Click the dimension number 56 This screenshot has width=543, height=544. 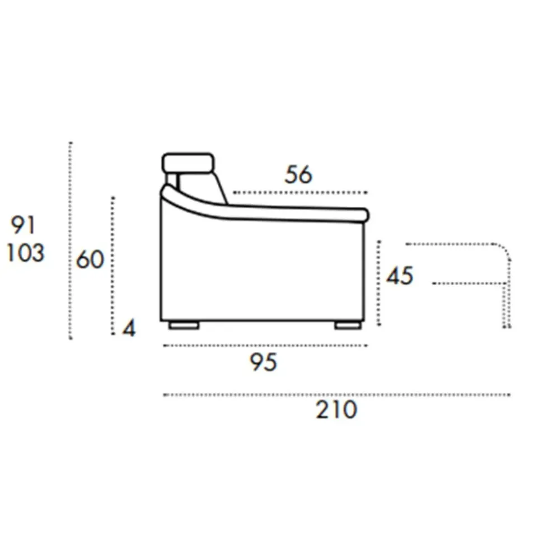(x=298, y=174)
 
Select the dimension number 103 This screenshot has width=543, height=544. (x=26, y=253)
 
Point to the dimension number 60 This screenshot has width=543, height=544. (x=90, y=259)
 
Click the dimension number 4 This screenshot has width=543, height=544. (x=129, y=328)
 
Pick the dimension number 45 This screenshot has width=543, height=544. (x=400, y=276)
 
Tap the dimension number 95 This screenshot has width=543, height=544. (x=264, y=362)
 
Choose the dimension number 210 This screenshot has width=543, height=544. (x=336, y=410)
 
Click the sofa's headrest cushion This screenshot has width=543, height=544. (x=188, y=163)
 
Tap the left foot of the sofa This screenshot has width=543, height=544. (x=184, y=326)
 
